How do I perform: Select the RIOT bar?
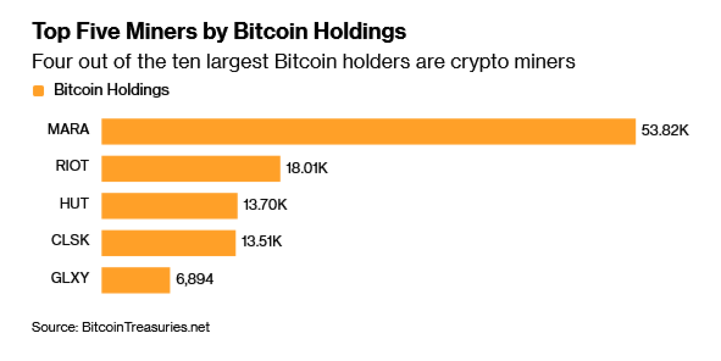coord(191,169)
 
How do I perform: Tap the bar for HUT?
coord(169,206)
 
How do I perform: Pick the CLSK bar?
coord(168,243)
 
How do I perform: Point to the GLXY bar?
coord(136,280)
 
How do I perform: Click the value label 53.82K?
coord(665,130)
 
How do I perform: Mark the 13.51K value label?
coord(262,241)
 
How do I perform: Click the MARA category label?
coord(68,129)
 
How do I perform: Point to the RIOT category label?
coord(72,166)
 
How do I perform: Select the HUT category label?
coord(74,204)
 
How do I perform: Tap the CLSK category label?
coord(70,240)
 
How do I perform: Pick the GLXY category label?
coord(70,278)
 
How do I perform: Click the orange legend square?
coord(38,90)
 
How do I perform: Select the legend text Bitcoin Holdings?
coord(111,90)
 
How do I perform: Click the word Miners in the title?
coord(162,31)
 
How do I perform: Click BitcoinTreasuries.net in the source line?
coord(146,327)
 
